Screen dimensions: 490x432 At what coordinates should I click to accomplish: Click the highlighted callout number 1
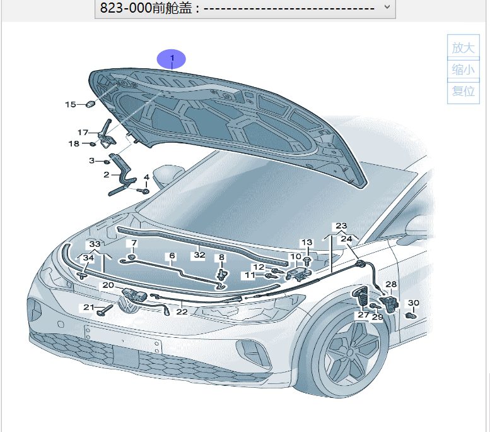[172, 58]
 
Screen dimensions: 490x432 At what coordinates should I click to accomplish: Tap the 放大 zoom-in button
[463, 47]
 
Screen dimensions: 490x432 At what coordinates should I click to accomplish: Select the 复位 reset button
[463, 92]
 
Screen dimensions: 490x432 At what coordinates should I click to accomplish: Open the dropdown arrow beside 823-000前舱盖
[387, 6]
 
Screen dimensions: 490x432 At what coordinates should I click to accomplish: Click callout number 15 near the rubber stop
[70, 104]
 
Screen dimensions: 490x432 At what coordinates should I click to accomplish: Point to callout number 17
[83, 133]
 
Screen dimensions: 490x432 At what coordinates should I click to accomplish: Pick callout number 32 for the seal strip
[199, 255]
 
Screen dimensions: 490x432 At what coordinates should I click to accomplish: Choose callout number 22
[182, 312]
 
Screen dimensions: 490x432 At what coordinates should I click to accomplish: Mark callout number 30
[414, 303]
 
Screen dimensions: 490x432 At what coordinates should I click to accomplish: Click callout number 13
[306, 243]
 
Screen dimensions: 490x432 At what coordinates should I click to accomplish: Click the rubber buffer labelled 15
[90, 104]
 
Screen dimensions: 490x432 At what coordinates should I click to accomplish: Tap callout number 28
[391, 284]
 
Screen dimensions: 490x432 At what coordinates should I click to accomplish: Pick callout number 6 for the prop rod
[172, 256]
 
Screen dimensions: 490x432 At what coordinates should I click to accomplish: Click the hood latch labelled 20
[134, 294]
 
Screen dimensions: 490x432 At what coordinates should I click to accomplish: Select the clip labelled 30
[411, 316]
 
